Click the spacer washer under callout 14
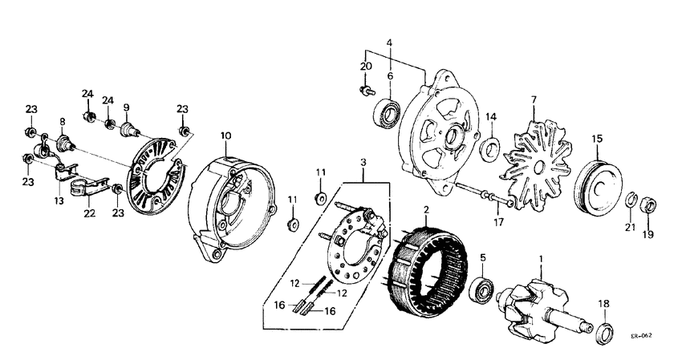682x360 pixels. (x=490, y=147)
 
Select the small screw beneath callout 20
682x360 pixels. (x=365, y=92)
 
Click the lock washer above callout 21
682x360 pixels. (x=631, y=198)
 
